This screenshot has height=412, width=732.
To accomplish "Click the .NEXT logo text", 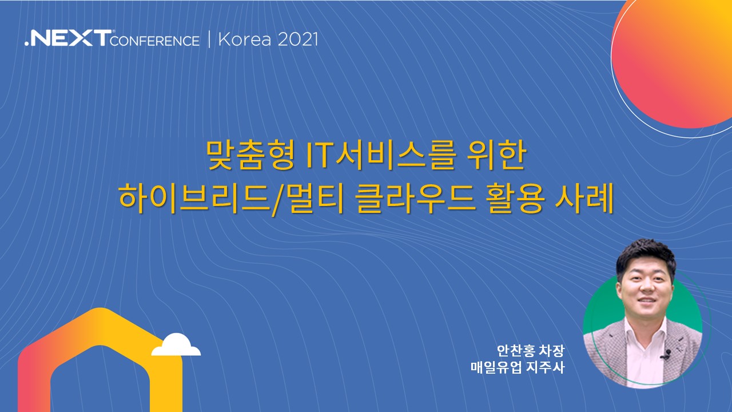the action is point(68,38).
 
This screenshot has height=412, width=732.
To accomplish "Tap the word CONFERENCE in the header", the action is point(155,41).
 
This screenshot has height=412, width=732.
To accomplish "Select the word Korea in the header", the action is point(245,39).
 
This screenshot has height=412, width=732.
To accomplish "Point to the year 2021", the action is point(298,39).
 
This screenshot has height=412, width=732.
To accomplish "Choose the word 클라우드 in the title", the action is point(415,199).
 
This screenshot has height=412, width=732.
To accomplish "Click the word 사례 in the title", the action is point(584,199).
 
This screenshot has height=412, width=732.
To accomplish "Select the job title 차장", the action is point(552,351).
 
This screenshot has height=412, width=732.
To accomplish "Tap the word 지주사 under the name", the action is point(546,367).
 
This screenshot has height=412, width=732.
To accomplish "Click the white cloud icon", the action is point(176,344).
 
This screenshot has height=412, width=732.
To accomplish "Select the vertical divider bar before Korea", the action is point(209,40).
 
